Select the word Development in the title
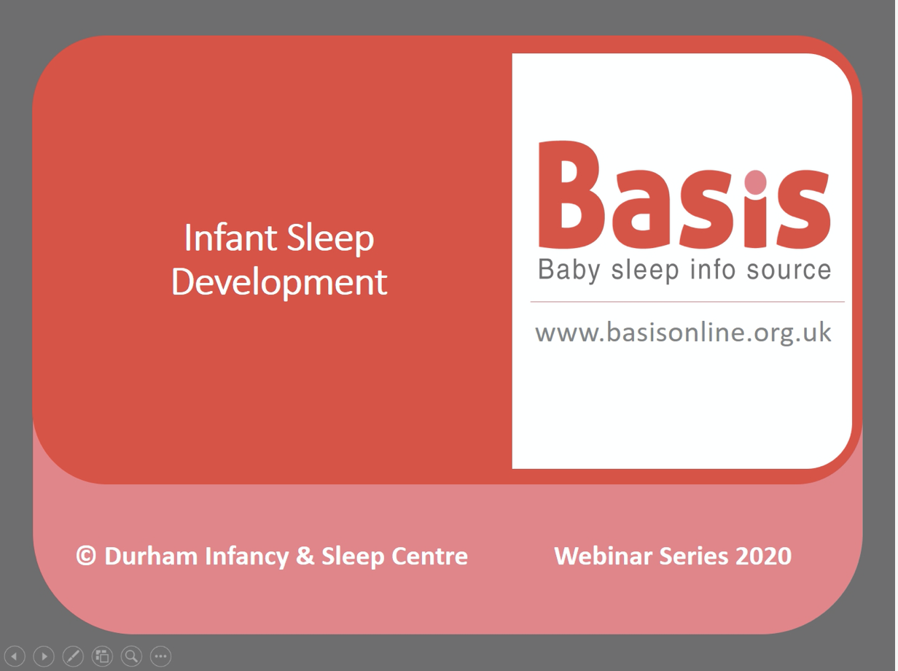(279, 282)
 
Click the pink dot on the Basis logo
(756, 182)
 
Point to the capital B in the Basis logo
(569, 194)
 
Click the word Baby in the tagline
(569, 270)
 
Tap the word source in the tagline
(789, 270)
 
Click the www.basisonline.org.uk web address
(683, 333)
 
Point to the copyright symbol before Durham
(86, 556)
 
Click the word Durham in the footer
(151, 556)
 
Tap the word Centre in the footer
(430, 556)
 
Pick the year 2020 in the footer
(763, 556)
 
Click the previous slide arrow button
(15, 656)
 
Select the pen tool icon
(73, 656)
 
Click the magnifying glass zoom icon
(131, 656)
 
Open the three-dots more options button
(160, 656)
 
